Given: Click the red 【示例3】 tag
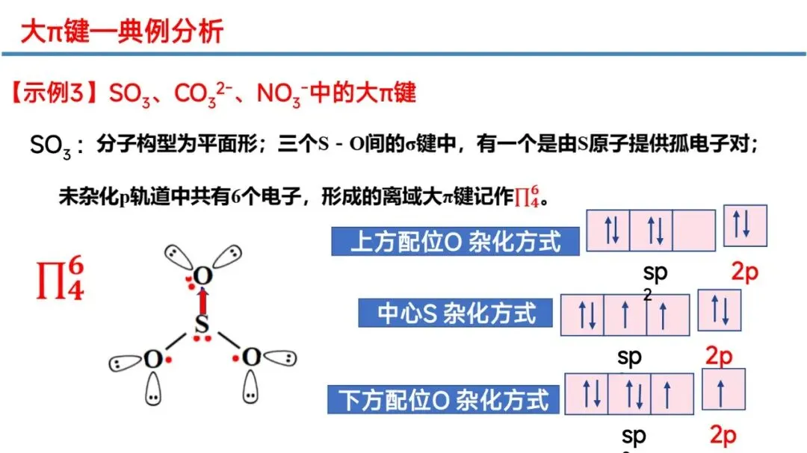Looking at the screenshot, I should point(56,93).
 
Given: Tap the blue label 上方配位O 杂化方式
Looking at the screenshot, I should point(457,242).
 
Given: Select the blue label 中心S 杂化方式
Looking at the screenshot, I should point(457,313).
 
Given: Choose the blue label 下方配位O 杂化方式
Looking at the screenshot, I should point(445,400).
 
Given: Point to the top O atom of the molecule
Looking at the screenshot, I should point(202,277).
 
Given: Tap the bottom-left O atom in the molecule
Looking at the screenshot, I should point(152,359).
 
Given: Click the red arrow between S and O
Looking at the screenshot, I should point(202,301).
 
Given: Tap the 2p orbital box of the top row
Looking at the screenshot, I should point(745,225).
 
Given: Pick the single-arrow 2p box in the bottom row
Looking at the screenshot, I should point(723,390).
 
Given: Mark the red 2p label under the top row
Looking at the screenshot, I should point(744,272).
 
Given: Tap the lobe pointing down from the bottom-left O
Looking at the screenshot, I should point(152,390).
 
